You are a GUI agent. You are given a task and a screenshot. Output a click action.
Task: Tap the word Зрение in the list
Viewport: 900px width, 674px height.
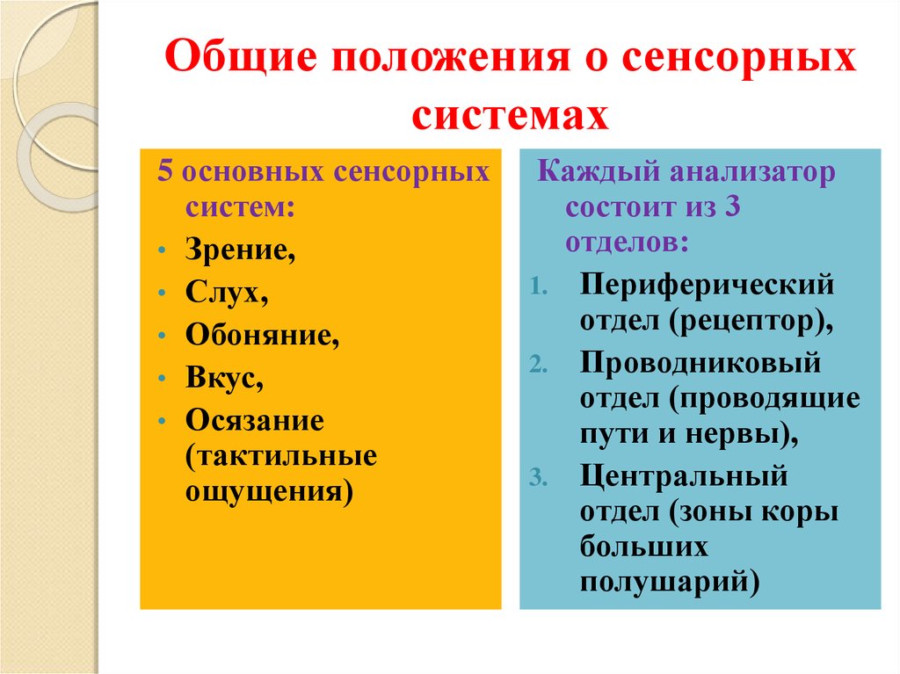pyautogui.click(x=239, y=251)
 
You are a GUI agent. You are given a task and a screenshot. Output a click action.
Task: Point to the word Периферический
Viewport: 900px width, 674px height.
pyautogui.click(x=706, y=286)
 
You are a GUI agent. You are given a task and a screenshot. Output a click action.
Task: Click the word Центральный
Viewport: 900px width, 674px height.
pyautogui.click(x=683, y=478)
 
